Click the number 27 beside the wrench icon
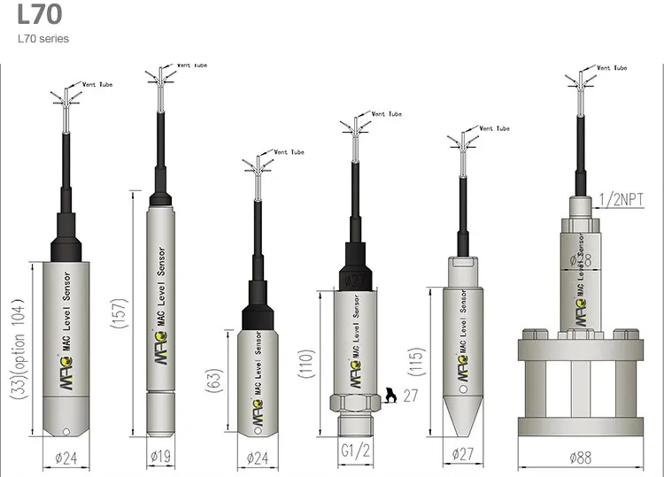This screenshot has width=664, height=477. (x=410, y=396)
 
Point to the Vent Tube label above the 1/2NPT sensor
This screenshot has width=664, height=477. (x=610, y=68)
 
